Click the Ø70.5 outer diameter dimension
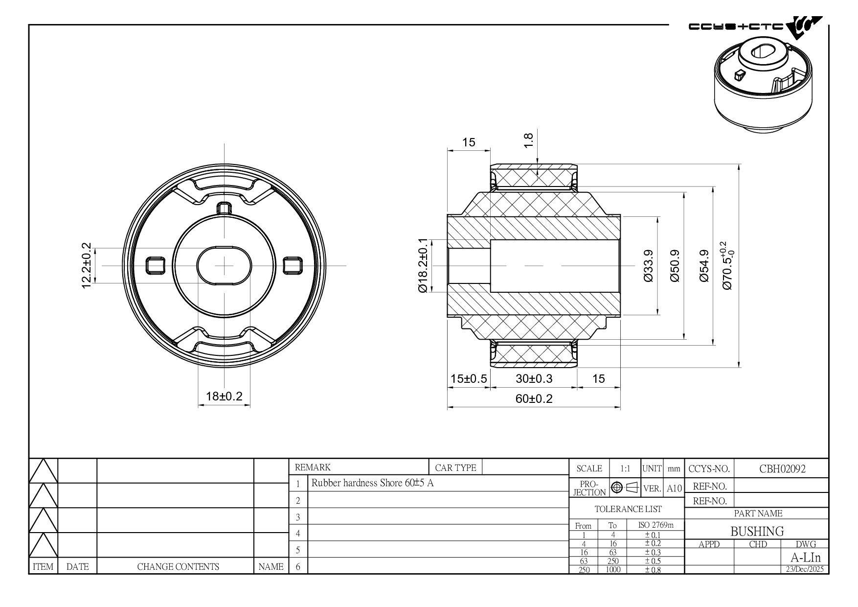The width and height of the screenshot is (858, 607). [727, 265]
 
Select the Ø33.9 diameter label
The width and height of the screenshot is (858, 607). [649, 266]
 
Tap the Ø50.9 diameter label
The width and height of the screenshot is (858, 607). [675, 266]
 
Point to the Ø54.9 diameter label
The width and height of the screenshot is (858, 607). [704, 266]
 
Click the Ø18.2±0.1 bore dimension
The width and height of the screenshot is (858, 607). [423, 266]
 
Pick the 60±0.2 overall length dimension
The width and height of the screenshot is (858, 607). [534, 398]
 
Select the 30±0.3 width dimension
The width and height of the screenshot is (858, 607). [534, 378]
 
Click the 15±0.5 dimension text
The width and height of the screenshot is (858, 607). [469, 378]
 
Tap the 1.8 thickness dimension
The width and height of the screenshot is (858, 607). [528, 140]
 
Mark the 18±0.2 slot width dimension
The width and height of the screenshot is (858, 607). [224, 396]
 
